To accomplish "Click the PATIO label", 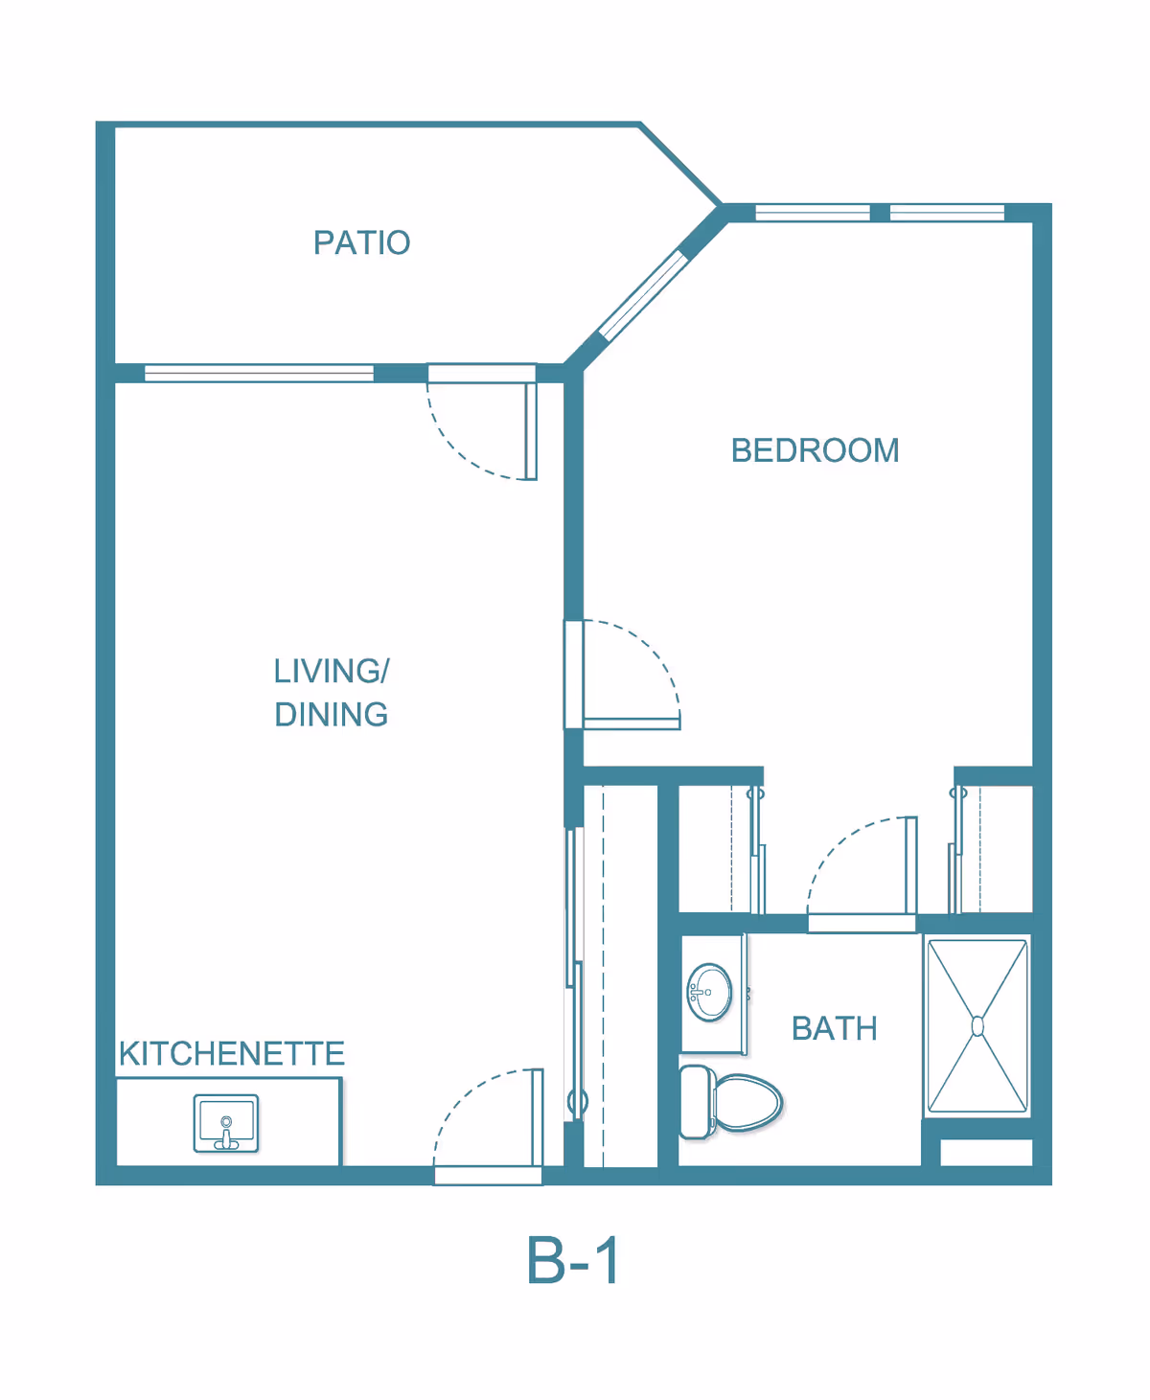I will pos(361,242).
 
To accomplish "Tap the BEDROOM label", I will pos(815,450).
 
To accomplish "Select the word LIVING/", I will pos(332,671).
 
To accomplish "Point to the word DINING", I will pos(332,715).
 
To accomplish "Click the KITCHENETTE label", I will pos(231,1054).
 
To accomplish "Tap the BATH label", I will pos(834,1028).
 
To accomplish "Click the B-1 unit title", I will pos(573,1260).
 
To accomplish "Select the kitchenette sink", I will pos(226,1123).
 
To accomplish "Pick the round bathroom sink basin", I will pos(710,992).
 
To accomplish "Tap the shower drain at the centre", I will pos(977,1026).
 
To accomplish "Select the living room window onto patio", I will pos(259,374).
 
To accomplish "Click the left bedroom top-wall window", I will pos(813,213).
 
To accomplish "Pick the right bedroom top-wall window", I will pos(947,213).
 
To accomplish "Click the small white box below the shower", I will pos(986,1152).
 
